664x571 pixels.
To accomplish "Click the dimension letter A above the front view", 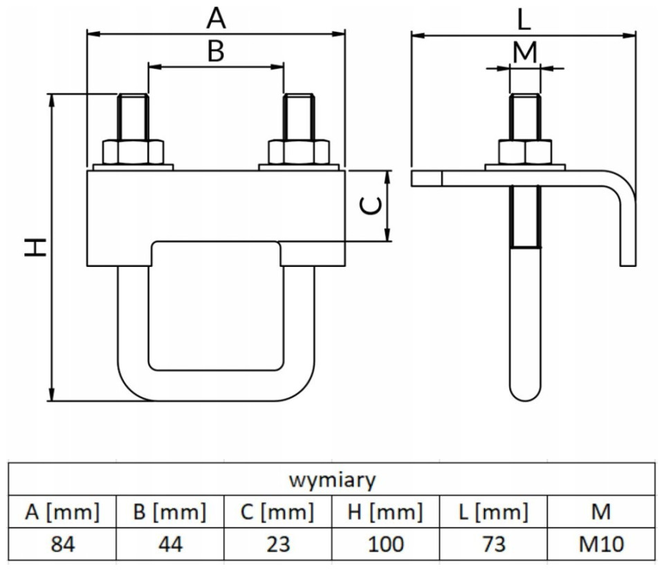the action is [216, 19].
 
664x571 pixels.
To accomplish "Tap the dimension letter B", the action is [216, 51].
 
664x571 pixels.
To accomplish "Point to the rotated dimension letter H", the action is [35, 247].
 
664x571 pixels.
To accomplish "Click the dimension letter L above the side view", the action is [524, 20].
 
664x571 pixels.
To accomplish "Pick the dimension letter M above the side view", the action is [525, 52].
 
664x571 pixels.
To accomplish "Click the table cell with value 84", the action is [62, 544].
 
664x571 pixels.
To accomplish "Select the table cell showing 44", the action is [170, 544].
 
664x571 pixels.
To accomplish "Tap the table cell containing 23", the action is [278, 544].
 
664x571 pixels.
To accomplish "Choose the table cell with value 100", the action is [386, 544].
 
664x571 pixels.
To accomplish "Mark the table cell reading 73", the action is [493, 544].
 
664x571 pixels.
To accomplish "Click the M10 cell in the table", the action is [601, 544].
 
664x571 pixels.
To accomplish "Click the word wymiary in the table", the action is [333, 480].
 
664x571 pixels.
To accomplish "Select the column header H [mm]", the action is [385, 512].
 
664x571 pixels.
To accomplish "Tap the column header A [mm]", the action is [62, 512].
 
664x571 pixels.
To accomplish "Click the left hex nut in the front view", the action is [133, 152].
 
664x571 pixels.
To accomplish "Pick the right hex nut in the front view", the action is [299, 152].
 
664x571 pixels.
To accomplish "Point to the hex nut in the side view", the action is [525, 152].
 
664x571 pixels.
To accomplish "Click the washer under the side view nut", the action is [525, 167].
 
